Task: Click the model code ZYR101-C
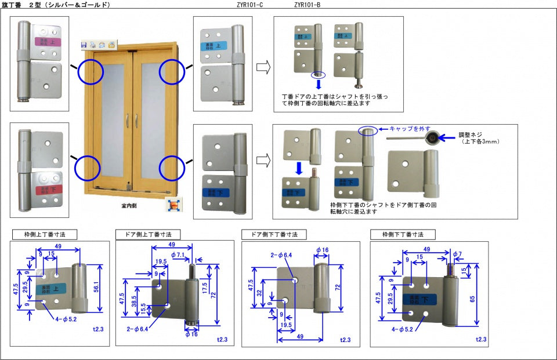click(x=249, y=5)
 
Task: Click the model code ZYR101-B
click(x=307, y=5)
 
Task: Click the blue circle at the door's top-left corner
click(x=91, y=72)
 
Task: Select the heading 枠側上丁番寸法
click(x=44, y=235)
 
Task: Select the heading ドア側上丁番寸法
click(x=148, y=234)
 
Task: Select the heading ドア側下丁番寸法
click(x=273, y=234)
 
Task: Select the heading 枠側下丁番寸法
click(x=403, y=234)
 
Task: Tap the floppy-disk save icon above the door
click(x=84, y=45)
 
